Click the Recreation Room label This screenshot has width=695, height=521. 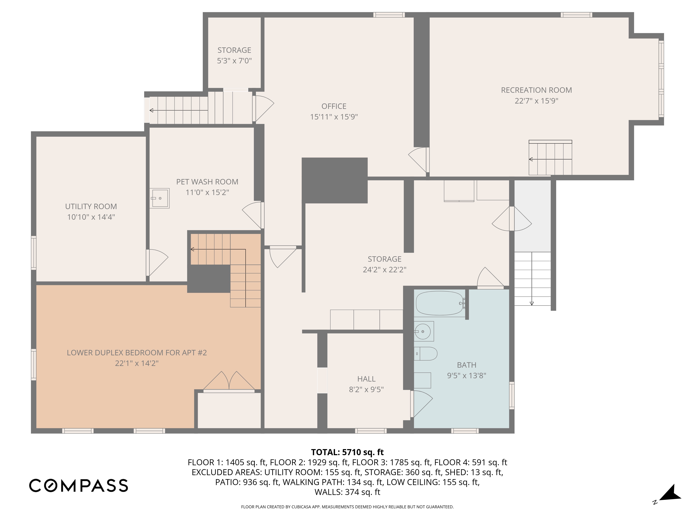[x=536, y=90]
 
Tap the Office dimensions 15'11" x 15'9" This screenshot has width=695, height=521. [x=334, y=117]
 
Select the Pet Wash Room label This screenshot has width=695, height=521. [x=207, y=182]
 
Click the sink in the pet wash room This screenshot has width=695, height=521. [x=159, y=198]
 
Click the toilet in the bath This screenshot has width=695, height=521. [x=425, y=354]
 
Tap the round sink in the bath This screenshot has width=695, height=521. [x=424, y=331]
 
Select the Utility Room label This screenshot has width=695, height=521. [x=91, y=206]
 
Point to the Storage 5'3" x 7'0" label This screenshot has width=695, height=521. [x=234, y=55]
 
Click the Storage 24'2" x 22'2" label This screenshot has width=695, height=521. [x=385, y=264]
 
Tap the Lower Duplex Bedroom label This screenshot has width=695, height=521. [x=137, y=353]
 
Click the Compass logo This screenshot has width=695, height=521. [x=79, y=485]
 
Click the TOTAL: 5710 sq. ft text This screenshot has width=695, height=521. [x=347, y=452]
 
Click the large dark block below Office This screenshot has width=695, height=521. [x=335, y=180]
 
